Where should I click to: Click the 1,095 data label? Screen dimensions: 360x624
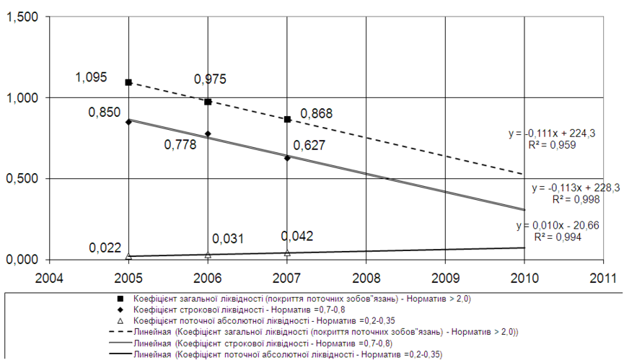pos(90,76)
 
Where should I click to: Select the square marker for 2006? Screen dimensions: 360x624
pos(208,102)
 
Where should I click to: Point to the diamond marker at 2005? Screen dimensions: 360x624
pos(128,122)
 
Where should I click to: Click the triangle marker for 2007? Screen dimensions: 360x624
pos(287,253)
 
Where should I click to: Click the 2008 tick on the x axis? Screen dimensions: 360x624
pos(366,277)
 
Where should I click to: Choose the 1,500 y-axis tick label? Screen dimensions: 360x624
pos(22,17)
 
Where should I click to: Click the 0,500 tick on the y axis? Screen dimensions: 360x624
pos(22,179)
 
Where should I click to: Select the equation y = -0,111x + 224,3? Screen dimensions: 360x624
pos(552,133)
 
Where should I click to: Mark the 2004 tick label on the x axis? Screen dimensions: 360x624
pos(48,277)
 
